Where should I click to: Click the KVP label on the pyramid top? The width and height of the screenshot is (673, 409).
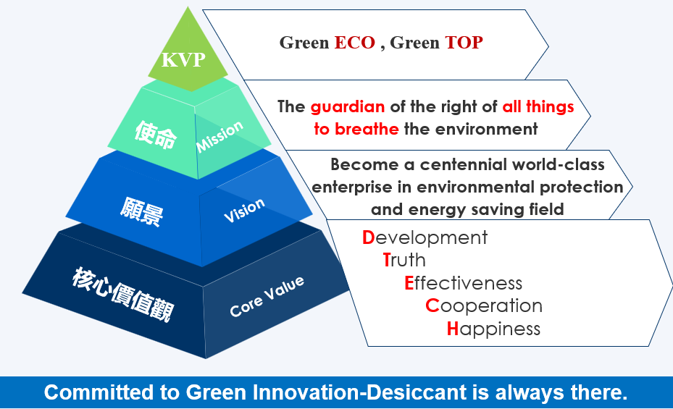pyautogui.click(x=183, y=59)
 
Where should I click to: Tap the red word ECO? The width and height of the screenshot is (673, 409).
pyautogui.click(x=354, y=43)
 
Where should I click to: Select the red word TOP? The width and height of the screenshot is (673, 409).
pyautogui.click(x=464, y=43)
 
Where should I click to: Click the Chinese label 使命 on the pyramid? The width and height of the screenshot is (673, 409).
pyautogui.click(x=155, y=135)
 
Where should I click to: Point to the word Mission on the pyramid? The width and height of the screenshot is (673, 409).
pyautogui.click(x=220, y=136)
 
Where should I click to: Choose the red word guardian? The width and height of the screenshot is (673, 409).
pyautogui.click(x=348, y=106)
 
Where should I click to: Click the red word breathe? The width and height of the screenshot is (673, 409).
pyautogui.click(x=367, y=129)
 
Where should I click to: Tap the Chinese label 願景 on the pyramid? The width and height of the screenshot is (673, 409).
pyautogui.click(x=142, y=211)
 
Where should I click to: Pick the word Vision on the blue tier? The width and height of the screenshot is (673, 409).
pyautogui.click(x=244, y=210)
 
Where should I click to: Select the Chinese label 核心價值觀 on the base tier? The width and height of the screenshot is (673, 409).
pyautogui.click(x=122, y=295)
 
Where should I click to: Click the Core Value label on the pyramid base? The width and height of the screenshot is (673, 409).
pyautogui.click(x=267, y=296)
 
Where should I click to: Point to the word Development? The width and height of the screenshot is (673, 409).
pyautogui.click(x=425, y=238)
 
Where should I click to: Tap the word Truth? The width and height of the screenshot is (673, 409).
pyautogui.click(x=404, y=260)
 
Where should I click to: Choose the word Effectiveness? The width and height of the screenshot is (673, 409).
pyautogui.click(x=463, y=283)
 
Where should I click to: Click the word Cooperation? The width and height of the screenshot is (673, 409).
pyautogui.click(x=484, y=305)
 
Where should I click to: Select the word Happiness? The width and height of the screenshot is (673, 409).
pyautogui.click(x=493, y=329)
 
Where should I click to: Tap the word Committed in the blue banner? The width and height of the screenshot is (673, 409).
pyautogui.click(x=99, y=392)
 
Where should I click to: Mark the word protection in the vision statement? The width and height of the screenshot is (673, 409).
pyautogui.click(x=581, y=187)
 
